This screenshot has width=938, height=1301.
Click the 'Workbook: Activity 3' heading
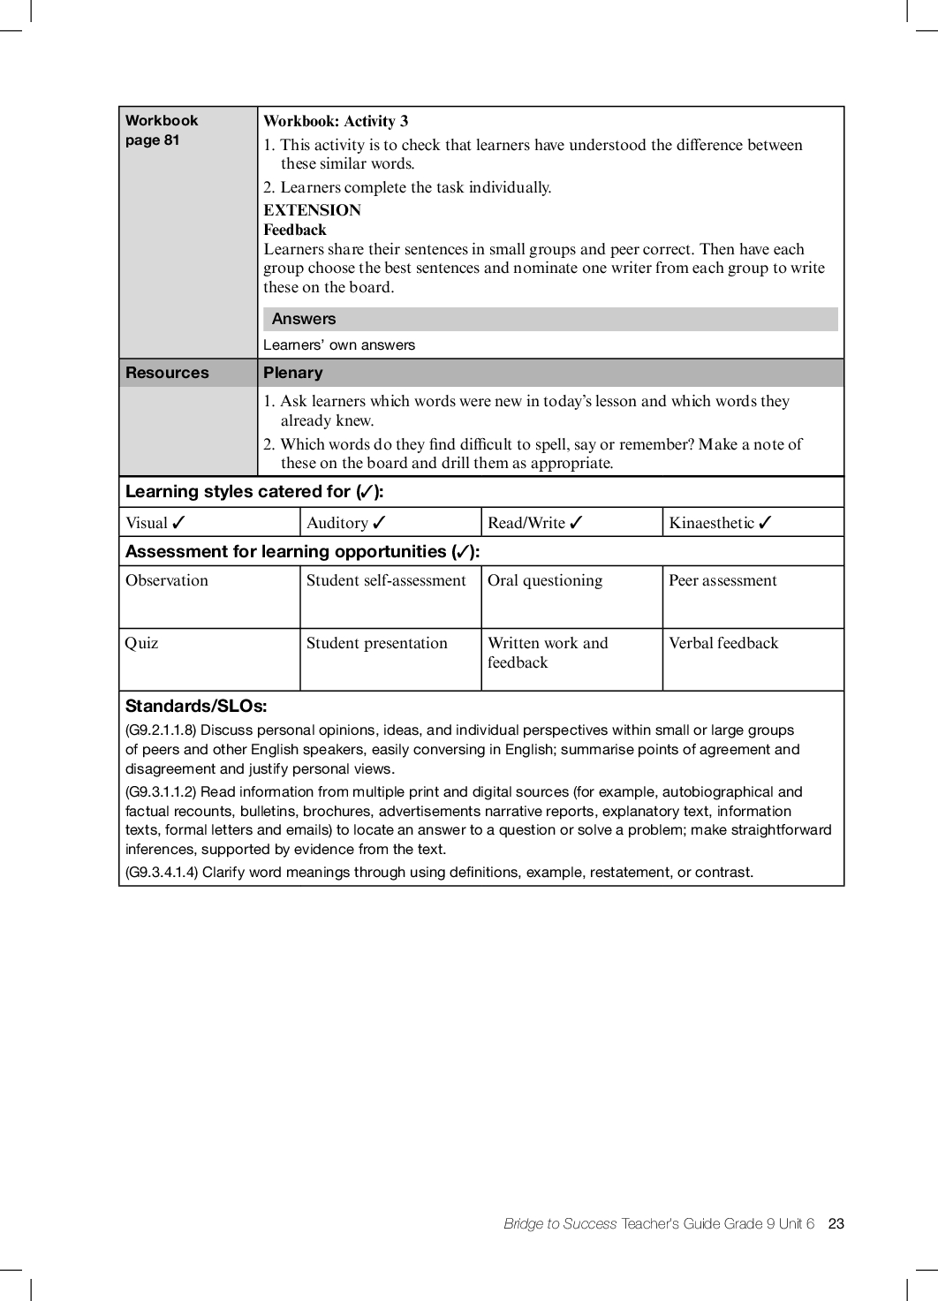tap(336, 122)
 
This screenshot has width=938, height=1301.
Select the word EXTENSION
tap(312, 210)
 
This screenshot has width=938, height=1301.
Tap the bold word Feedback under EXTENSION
tap(295, 230)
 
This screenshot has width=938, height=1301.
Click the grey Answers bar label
tap(304, 319)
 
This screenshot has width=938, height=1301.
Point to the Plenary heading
tap(293, 373)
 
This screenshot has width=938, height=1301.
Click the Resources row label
tap(167, 373)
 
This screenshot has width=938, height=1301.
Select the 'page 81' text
tap(152, 140)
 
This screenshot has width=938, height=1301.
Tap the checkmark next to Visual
tap(178, 522)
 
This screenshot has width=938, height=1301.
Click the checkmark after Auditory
tap(379, 522)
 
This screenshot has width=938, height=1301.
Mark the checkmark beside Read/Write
tap(576, 522)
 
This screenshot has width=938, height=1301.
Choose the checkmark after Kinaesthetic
tap(765, 522)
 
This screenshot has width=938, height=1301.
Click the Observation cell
tap(167, 580)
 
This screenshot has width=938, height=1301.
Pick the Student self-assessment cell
tap(386, 580)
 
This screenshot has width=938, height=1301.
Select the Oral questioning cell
tap(545, 580)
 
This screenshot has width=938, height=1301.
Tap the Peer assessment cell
tap(722, 580)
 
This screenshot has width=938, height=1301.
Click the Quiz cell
tap(142, 643)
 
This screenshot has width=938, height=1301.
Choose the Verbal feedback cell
tap(723, 643)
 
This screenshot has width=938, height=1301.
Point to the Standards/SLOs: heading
tap(196, 706)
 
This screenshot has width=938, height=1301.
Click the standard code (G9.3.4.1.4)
tap(162, 872)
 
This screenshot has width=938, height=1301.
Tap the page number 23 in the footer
tap(836, 1223)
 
